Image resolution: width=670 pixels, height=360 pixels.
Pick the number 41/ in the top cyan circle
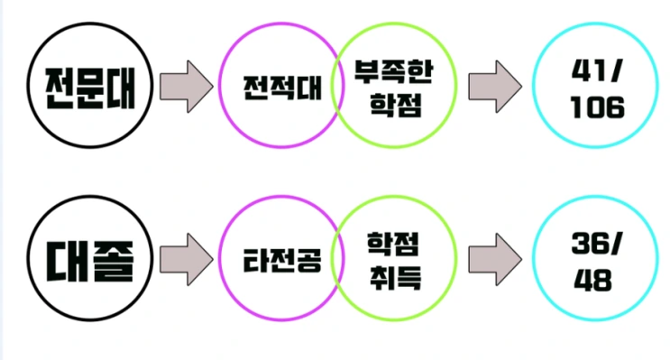coord(597,69)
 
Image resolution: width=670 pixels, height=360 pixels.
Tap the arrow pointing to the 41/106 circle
coord(495,86)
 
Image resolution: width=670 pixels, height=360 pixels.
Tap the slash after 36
coord(620,242)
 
